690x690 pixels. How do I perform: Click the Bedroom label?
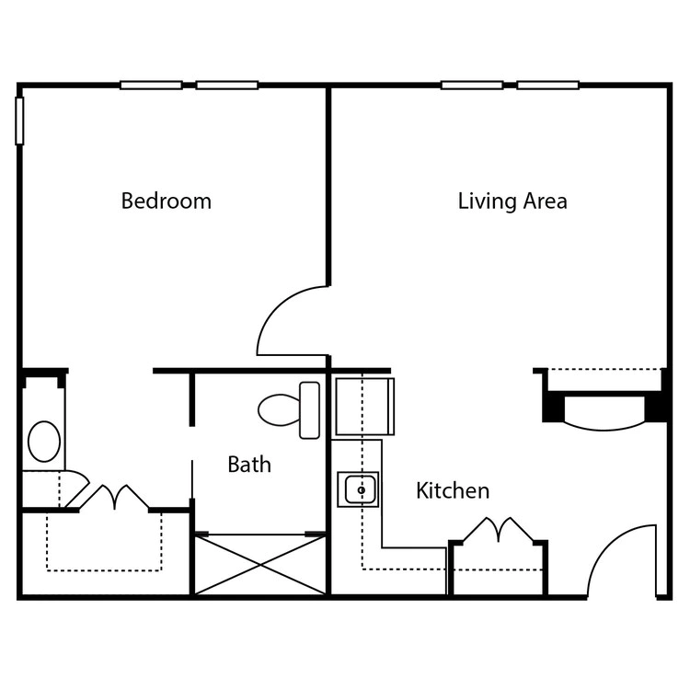click(166, 201)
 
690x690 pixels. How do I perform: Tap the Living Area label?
click(512, 201)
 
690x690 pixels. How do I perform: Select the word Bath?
click(249, 465)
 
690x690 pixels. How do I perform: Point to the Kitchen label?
click(453, 490)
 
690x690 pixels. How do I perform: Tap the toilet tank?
click(309, 410)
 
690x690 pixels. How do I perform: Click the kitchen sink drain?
click(362, 489)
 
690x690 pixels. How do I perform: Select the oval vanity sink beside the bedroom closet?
click(44, 442)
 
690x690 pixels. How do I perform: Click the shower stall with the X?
click(260, 565)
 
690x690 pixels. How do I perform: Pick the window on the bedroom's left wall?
click(19, 121)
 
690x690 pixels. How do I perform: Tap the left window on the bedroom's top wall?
click(151, 85)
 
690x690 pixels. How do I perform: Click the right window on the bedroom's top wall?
click(226, 85)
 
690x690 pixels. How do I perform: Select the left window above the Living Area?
click(472, 85)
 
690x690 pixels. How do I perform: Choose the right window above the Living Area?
click(547, 85)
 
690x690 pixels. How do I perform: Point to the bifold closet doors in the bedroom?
click(114, 497)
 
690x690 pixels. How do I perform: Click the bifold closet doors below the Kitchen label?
click(498, 529)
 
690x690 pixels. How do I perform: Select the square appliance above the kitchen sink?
click(365, 407)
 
